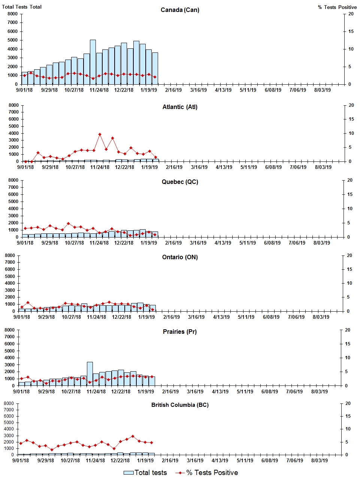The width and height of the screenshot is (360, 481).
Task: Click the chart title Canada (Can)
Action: (x=180, y=10)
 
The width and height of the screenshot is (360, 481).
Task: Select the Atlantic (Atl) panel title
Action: (x=180, y=107)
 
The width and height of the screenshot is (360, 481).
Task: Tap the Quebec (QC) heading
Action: (x=180, y=182)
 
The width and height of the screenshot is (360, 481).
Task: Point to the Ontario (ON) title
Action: (x=180, y=257)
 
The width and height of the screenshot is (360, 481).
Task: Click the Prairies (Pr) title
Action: (x=180, y=332)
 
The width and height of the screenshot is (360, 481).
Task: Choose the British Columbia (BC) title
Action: (x=180, y=405)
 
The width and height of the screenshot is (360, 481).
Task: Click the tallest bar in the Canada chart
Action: (x=93, y=62)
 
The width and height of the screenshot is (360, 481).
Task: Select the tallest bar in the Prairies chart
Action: (x=90, y=373)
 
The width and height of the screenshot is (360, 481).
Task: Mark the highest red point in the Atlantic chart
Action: (x=100, y=134)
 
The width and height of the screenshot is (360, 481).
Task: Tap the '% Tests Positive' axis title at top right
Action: (x=337, y=7)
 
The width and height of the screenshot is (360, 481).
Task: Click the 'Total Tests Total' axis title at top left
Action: (x=22, y=7)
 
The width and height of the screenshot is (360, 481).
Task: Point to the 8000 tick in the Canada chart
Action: (x=12, y=14)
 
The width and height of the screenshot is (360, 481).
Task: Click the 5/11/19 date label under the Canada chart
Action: (x=248, y=90)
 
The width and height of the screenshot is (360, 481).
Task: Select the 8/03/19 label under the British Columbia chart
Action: (x=319, y=460)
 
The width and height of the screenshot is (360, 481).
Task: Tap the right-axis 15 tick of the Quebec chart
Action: (x=350, y=194)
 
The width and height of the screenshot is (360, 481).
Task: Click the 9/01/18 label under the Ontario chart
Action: (x=22, y=317)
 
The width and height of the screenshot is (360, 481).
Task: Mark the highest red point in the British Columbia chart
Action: (x=133, y=436)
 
